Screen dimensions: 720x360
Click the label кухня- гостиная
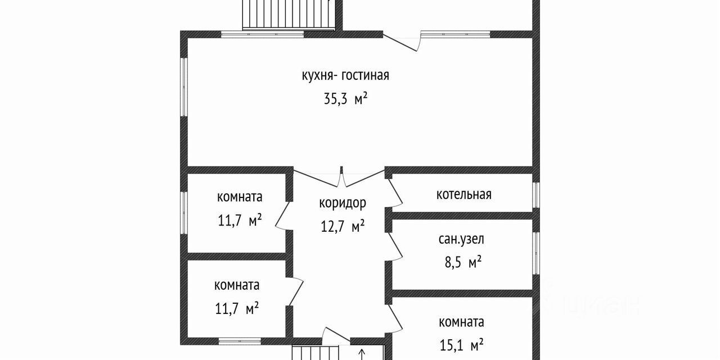pyautogui.click(x=345, y=75)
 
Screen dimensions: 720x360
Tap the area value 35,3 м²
pyautogui.click(x=345, y=100)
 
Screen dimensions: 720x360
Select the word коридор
pyautogui.click(x=342, y=202)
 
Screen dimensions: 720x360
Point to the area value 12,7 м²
pyautogui.click(x=342, y=227)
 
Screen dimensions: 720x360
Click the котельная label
pyautogui.click(x=463, y=195)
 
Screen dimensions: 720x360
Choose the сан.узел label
pyautogui.click(x=461, y=238)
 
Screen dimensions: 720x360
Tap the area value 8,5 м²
pyautogui.click(x=461, y=262)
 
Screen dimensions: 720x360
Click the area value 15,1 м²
pyautogui.click(x=461, y=344)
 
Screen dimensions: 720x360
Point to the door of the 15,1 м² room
pyautogui.click(x=397, y=318)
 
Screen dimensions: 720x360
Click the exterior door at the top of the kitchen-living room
pyautogui.click(x=402, y=42)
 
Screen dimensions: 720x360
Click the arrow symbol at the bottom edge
pyautogui.click(x=362, y=354)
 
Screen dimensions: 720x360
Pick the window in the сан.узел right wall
pyautogui.click(x=535, y=254)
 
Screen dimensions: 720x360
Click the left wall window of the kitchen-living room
pyautogui.click(x=183, y=87)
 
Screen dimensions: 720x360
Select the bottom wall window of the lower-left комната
pyautogui.click(x=240, y=341)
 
